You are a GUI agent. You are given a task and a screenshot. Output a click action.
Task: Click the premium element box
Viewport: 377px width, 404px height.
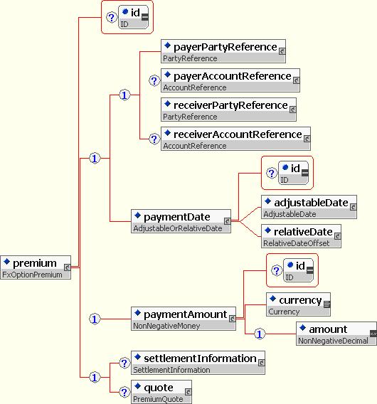(x=36, y=267)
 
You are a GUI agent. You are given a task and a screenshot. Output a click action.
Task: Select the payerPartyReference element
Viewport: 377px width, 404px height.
(x=223, y=51)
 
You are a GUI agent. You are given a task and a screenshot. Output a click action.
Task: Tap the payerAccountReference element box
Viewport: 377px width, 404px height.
(x=230, y=80)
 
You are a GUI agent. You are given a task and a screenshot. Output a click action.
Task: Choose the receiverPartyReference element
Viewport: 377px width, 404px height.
(x=228, y=110)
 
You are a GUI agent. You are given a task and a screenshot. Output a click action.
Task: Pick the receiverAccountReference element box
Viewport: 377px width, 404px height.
(x=235, y=139)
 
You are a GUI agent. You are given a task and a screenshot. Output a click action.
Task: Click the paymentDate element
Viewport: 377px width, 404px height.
(x=181, y=221)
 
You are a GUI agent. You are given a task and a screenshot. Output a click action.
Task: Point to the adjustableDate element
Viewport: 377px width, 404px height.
(x=309, y=207)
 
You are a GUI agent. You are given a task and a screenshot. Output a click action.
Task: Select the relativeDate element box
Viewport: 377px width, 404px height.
(x=301, y=236)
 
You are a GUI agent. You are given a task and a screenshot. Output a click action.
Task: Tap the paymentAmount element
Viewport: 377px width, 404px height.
(x=184, y=319)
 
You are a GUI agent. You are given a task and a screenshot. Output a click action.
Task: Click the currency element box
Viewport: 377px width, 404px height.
(x=298, y=304)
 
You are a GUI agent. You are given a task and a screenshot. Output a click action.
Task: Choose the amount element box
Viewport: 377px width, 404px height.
(x=336, y=334)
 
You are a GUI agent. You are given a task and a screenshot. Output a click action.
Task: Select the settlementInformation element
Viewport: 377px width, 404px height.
(x=198, y=363)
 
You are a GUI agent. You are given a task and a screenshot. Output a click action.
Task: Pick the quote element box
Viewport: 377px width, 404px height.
(x=161, y=392)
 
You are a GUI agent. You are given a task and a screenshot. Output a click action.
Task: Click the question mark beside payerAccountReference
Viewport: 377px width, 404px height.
(x=154, y=80)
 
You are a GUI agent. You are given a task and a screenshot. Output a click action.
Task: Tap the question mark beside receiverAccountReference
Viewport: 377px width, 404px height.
(x=154, y=139)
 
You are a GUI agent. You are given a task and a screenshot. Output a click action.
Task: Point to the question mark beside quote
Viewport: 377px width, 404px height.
(x=124, y=392)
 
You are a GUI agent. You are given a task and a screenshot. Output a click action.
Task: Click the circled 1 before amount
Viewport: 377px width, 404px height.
(x=260, y=334)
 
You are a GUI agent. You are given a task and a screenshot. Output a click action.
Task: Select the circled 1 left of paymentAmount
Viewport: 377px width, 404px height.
(x=95, y=319)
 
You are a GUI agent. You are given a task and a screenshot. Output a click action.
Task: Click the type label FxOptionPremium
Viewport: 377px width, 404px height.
(x=32, y=275)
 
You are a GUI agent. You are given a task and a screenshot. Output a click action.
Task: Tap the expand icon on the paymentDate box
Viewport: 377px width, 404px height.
(x=227, y=221)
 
